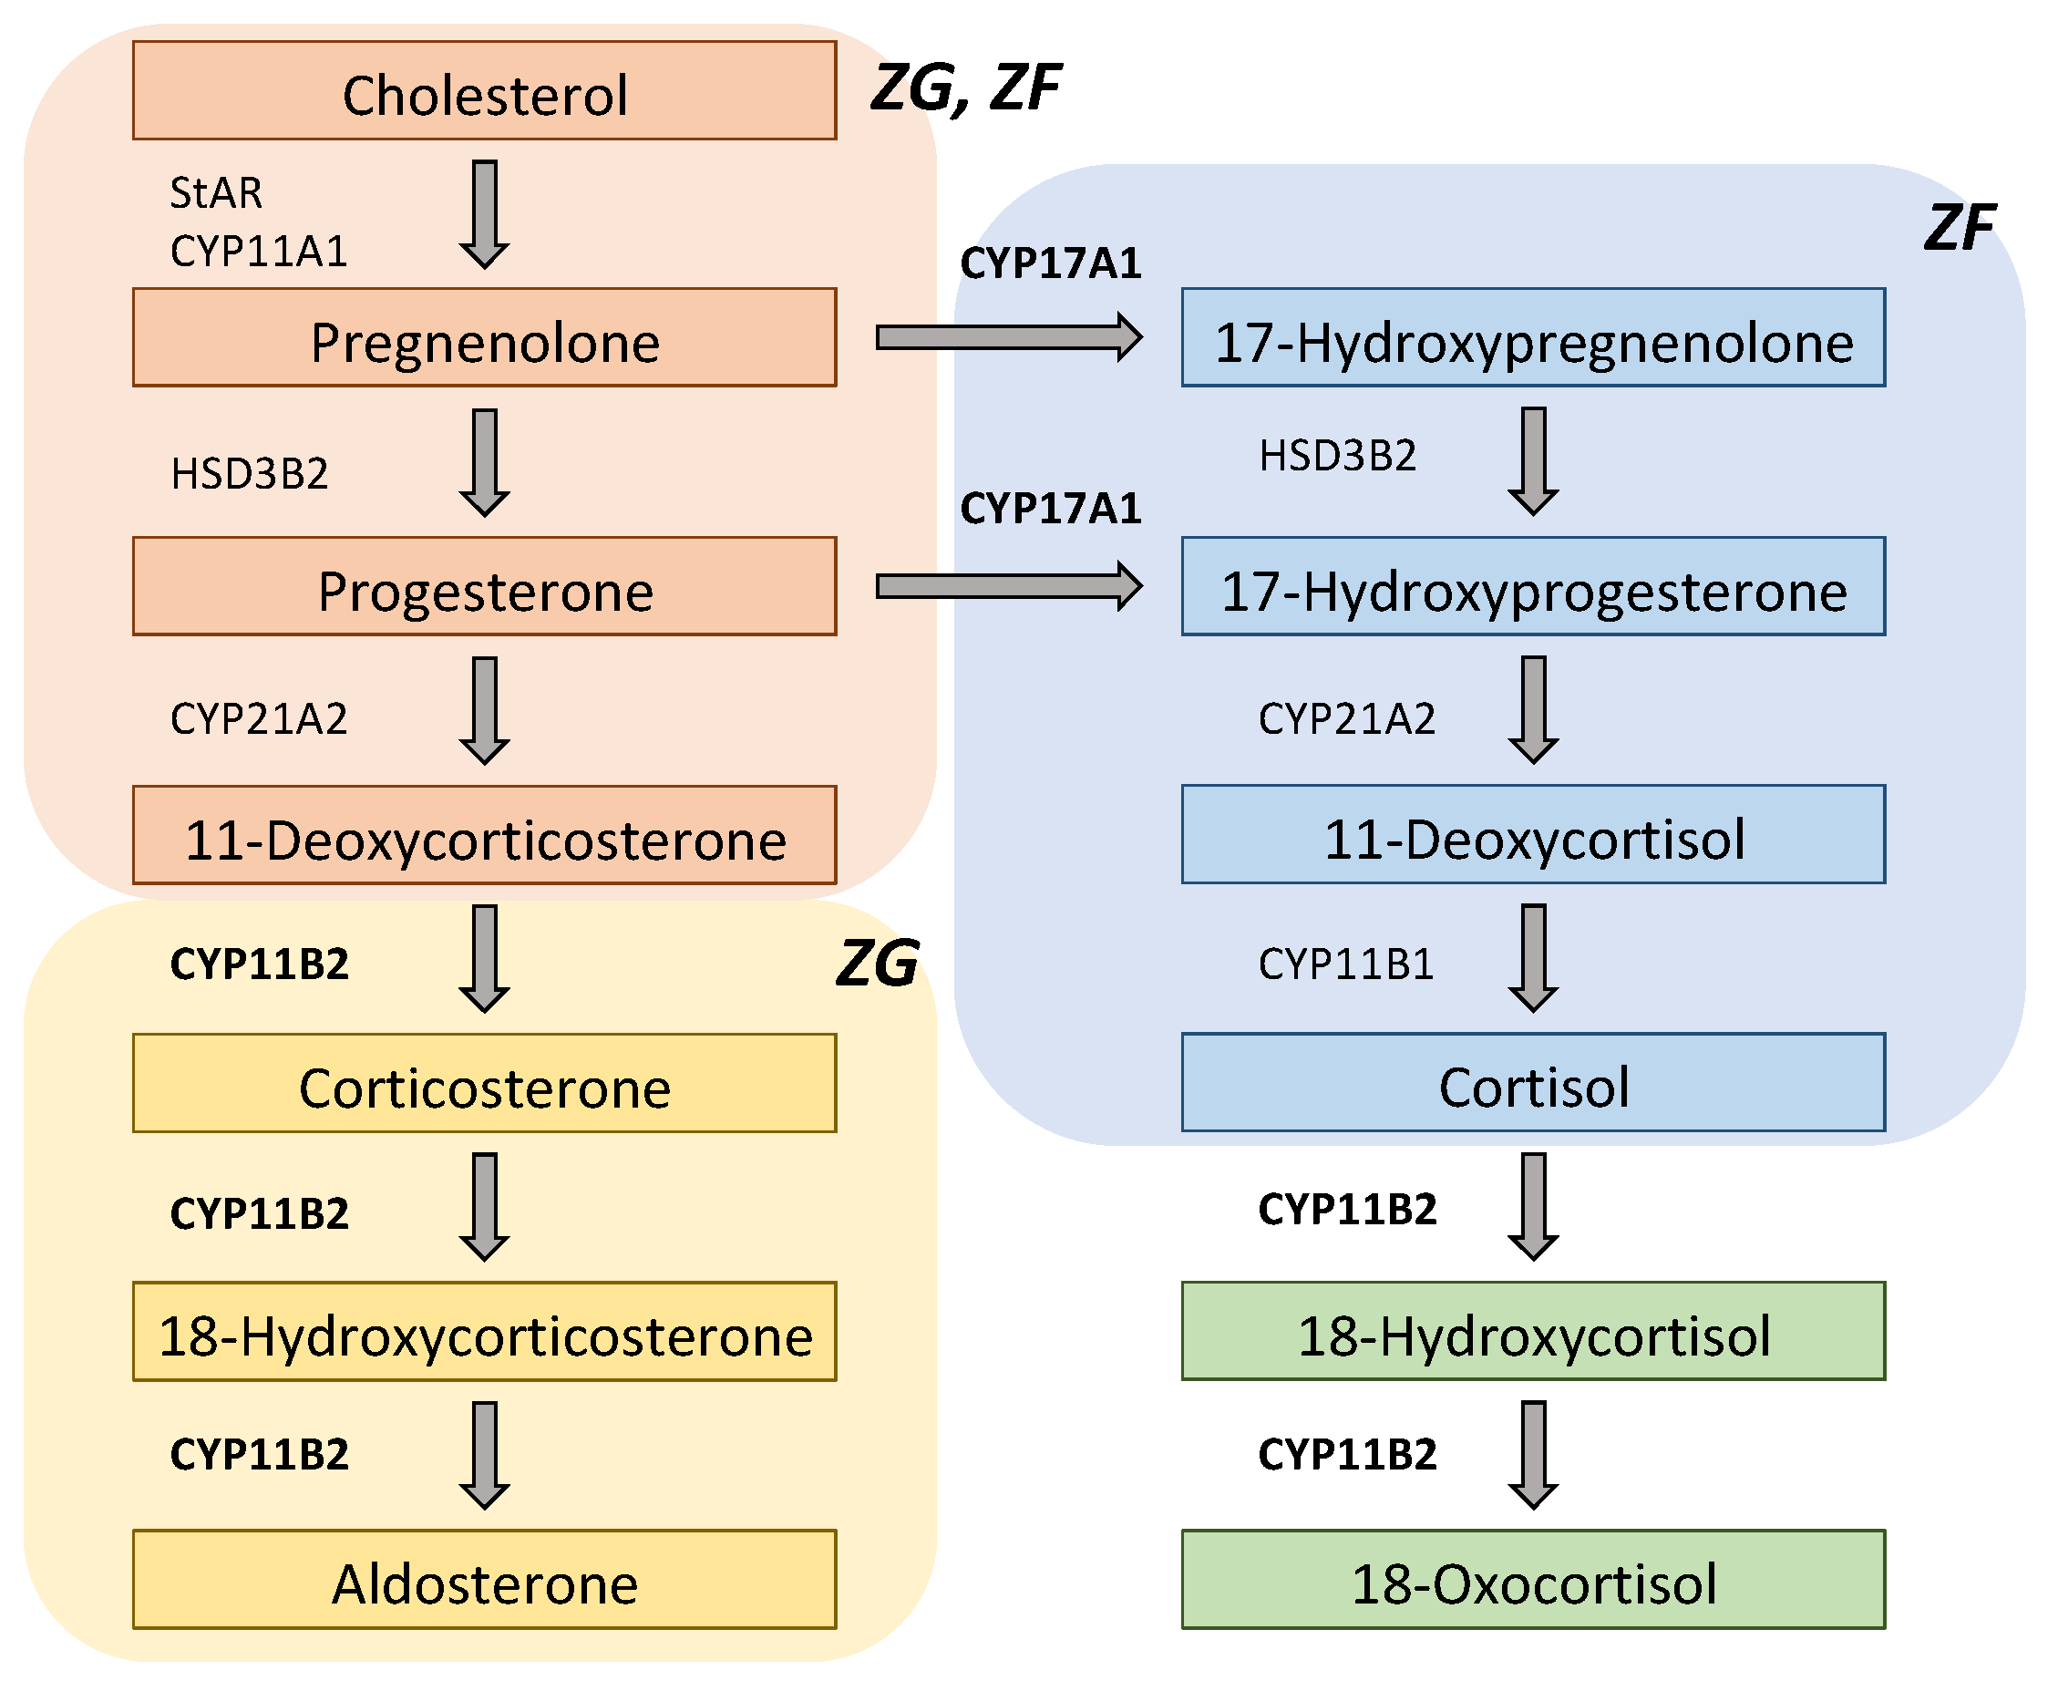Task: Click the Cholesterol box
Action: (x=484, y=90)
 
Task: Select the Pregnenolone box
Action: (x=484, y=338)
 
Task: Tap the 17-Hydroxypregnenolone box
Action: (x=1532, y=338)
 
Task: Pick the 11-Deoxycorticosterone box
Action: (x=484, y=836)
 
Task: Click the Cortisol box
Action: (x=1532, y=1084)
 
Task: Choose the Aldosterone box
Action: (x=484, y=1581)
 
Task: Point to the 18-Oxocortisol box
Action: (x=1532, y=1581)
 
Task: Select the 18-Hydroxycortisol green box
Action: (x=1532, y=1333)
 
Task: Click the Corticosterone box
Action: (x=484, y=1084)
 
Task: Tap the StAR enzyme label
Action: (x=216, y=192)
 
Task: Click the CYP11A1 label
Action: (x=259, y=252)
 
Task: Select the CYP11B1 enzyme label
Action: (x=1345, y=964)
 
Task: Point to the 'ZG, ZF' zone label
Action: (x=965, y=89)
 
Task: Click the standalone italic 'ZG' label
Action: (x=876, y=964)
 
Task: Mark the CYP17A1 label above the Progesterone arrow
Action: (x=1050, y=509)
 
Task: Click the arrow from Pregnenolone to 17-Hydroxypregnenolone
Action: (x=1008, y=338)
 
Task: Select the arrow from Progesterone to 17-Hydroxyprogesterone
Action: (x=1008, y=587)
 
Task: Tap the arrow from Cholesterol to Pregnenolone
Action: (x=484, y=214)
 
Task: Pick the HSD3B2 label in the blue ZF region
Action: (x=1337, y=456)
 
